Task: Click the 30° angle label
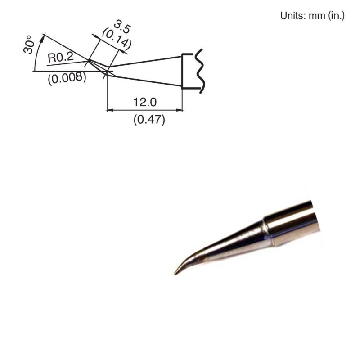pyautogui.click(x=30, y=44)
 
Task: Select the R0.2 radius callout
pyautogui.click(x=60, y=57)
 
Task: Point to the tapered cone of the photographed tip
pyautogui.click(x=229, y=243)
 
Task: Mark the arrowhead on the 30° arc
pyautogui.click(x=43, y=36)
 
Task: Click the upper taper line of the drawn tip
pyautogui.click(x=144, y=61)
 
